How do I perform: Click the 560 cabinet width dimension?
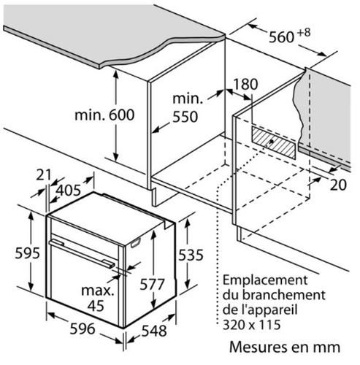click(281, 37)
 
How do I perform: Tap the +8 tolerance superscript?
click(304, 33)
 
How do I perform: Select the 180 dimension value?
click(245, 84)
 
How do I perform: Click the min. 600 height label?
click(104, 115)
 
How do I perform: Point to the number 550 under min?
click(185, 117)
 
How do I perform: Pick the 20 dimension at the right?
click(338, 185)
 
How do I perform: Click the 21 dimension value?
click(44, 175)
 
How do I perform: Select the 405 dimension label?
click(68, 190)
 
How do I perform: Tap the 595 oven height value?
click(27, 253)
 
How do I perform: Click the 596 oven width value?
click(83, 328)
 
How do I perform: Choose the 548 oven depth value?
click(154, 331)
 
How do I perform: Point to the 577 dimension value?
click(152, 285)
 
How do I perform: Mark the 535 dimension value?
click(191, 255)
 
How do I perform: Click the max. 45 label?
click(97, 298)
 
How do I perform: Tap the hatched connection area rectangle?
click(274, 142)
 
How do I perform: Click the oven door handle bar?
click(82, 253)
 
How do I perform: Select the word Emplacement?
click(265, 281)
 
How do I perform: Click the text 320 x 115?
click(252, 325)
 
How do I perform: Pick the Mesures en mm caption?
click(285, 347)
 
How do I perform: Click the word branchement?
click(284, 295)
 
